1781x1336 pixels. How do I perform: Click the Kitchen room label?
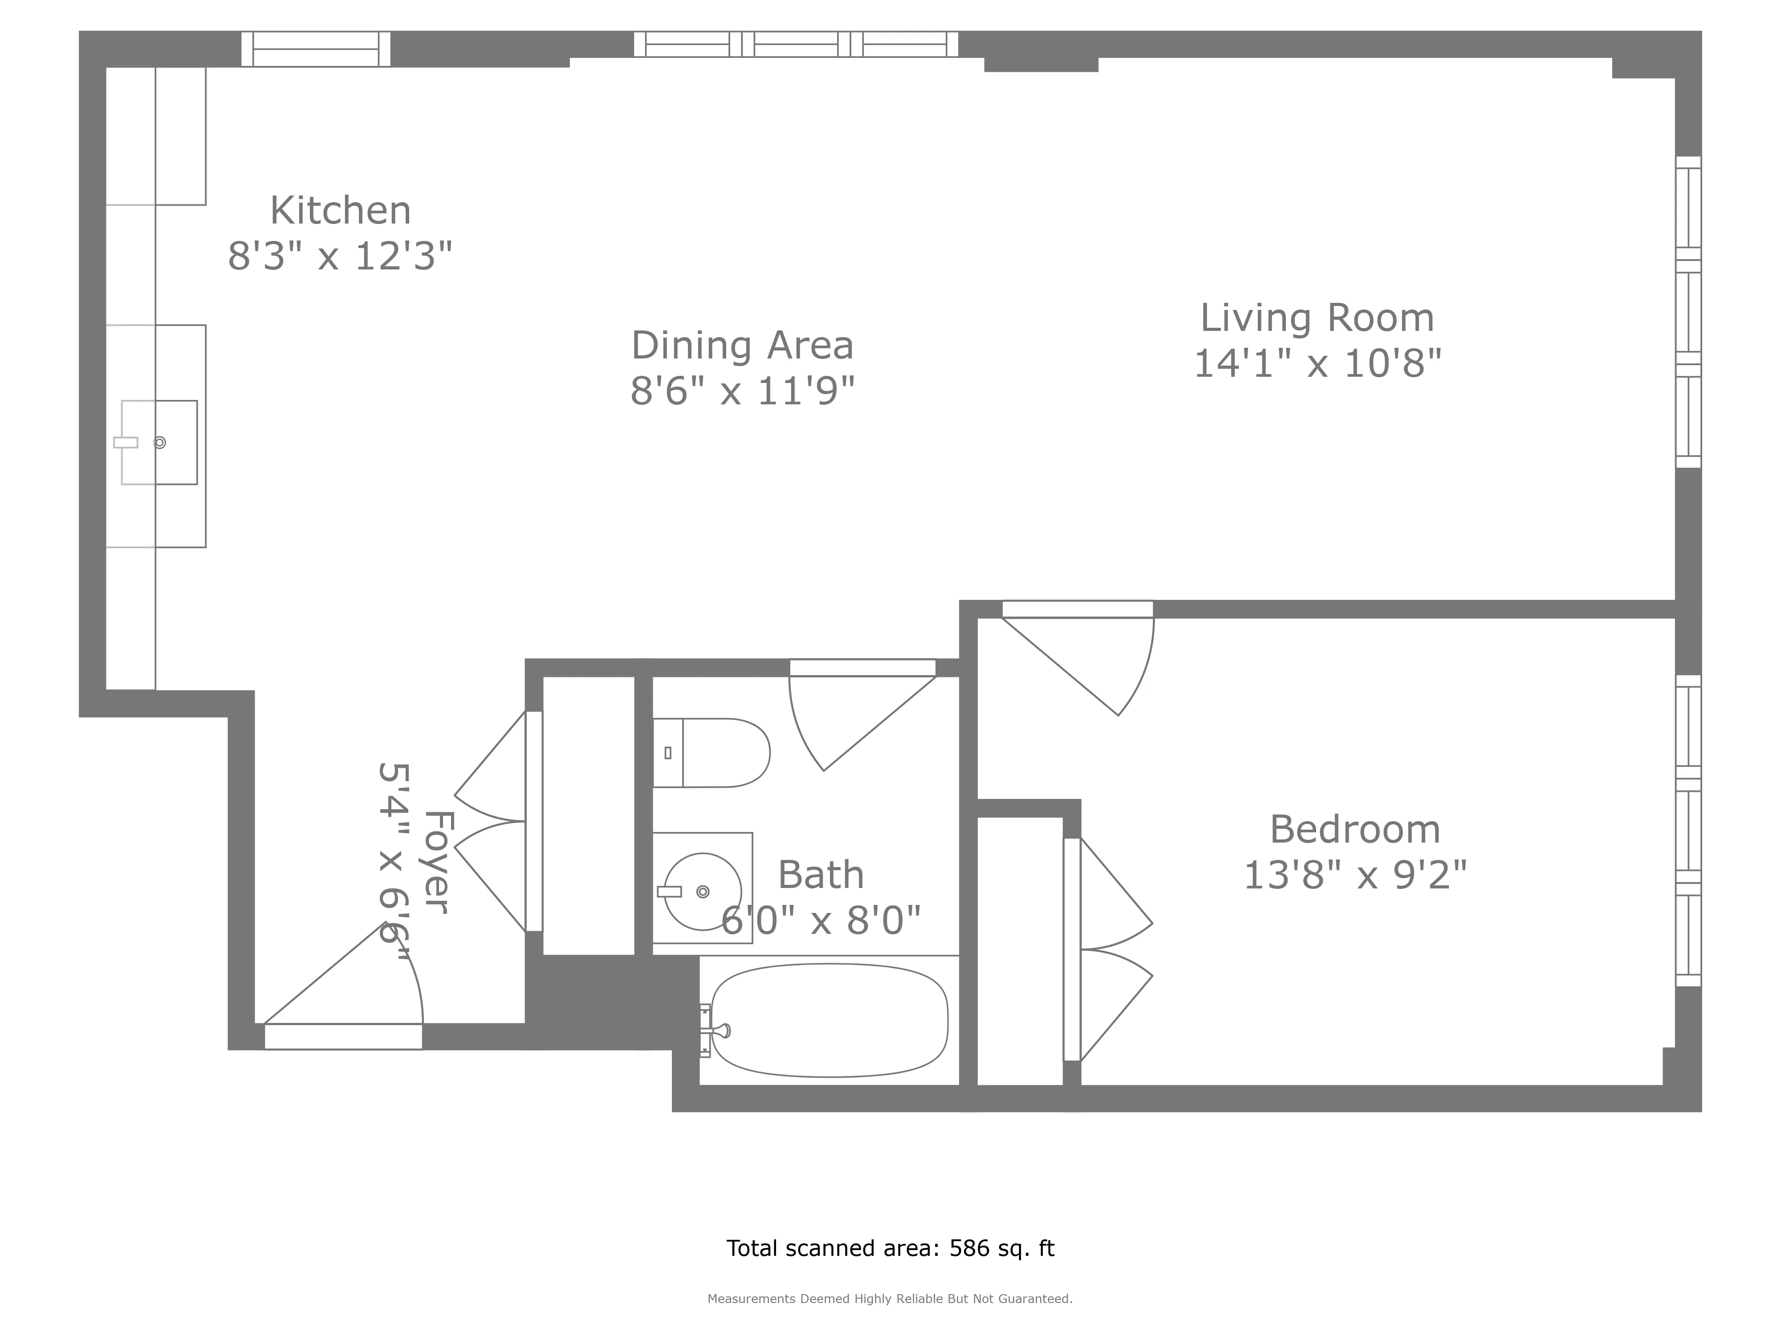pos(340,211)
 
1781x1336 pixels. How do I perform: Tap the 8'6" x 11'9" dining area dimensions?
pos(741,392)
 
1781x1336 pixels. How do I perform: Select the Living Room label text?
pos(1317,318)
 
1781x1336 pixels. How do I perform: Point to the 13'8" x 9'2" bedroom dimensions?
pos(1355,876)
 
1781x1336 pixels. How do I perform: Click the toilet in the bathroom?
pos(712,753)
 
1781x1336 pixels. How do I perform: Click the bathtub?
pos(830,1020)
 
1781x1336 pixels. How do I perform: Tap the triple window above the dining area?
pos(796,44)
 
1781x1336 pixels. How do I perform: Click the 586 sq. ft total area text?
pos(890,1248)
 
